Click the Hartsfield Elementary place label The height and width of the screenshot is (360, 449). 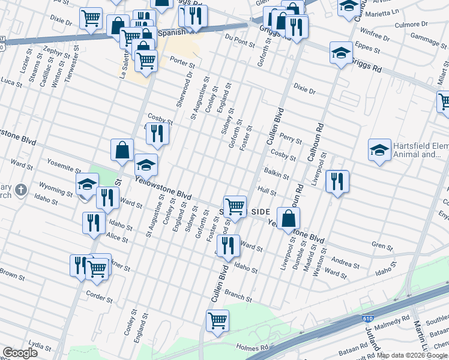click(x=421, y=150)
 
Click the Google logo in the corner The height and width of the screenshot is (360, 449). click(x=20, y=353)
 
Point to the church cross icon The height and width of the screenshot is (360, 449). click(x=20, y=191)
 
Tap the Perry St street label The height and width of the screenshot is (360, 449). click(x=291, y=139)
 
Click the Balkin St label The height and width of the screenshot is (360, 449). click(x=277, y=174)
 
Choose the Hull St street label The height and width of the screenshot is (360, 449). click(x=267, y=191)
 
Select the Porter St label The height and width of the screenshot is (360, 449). click(x=182, y=61)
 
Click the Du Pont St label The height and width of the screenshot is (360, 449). click(x=236, y=40)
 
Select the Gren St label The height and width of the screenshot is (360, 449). click(x=382, y=246)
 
